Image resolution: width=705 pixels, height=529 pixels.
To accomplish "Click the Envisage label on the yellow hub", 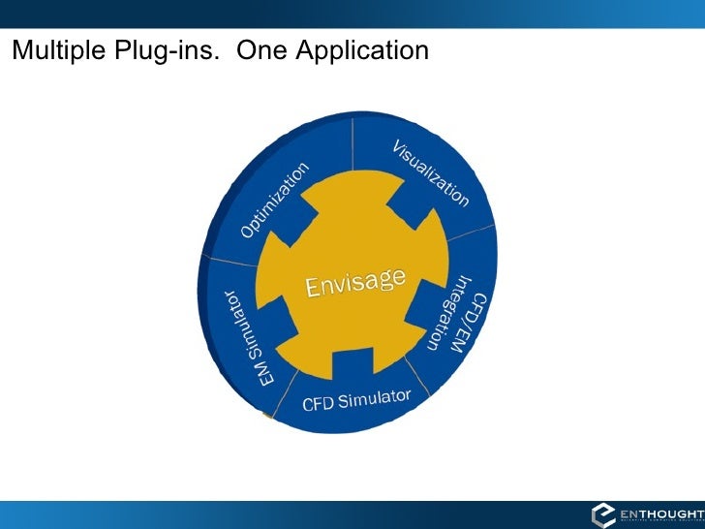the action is click(x=354, y=283).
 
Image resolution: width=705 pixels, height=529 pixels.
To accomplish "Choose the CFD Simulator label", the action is click(x=357, y=399).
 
